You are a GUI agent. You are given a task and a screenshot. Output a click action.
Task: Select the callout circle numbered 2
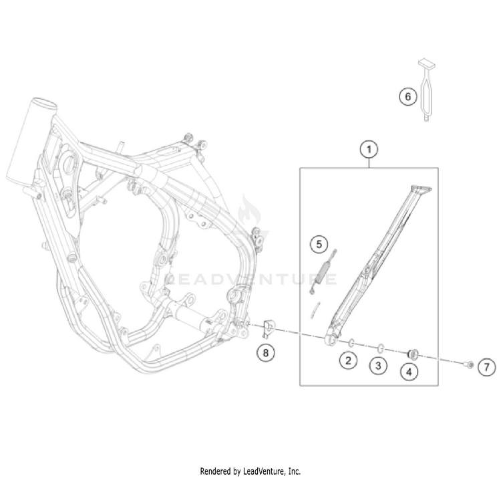(x=347, y=361)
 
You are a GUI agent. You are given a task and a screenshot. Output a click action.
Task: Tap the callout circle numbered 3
(x=378, y=366)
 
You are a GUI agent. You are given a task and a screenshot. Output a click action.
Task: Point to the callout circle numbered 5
(x=319, y=245)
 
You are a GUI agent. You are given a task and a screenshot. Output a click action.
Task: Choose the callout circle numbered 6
(x=407, y=96)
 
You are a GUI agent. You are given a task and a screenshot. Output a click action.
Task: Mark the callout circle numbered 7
(x=486, y=367)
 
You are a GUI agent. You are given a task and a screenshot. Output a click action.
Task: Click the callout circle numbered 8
(x=267, y=352)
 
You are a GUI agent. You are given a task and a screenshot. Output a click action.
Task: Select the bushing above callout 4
(x=412, y=353)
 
